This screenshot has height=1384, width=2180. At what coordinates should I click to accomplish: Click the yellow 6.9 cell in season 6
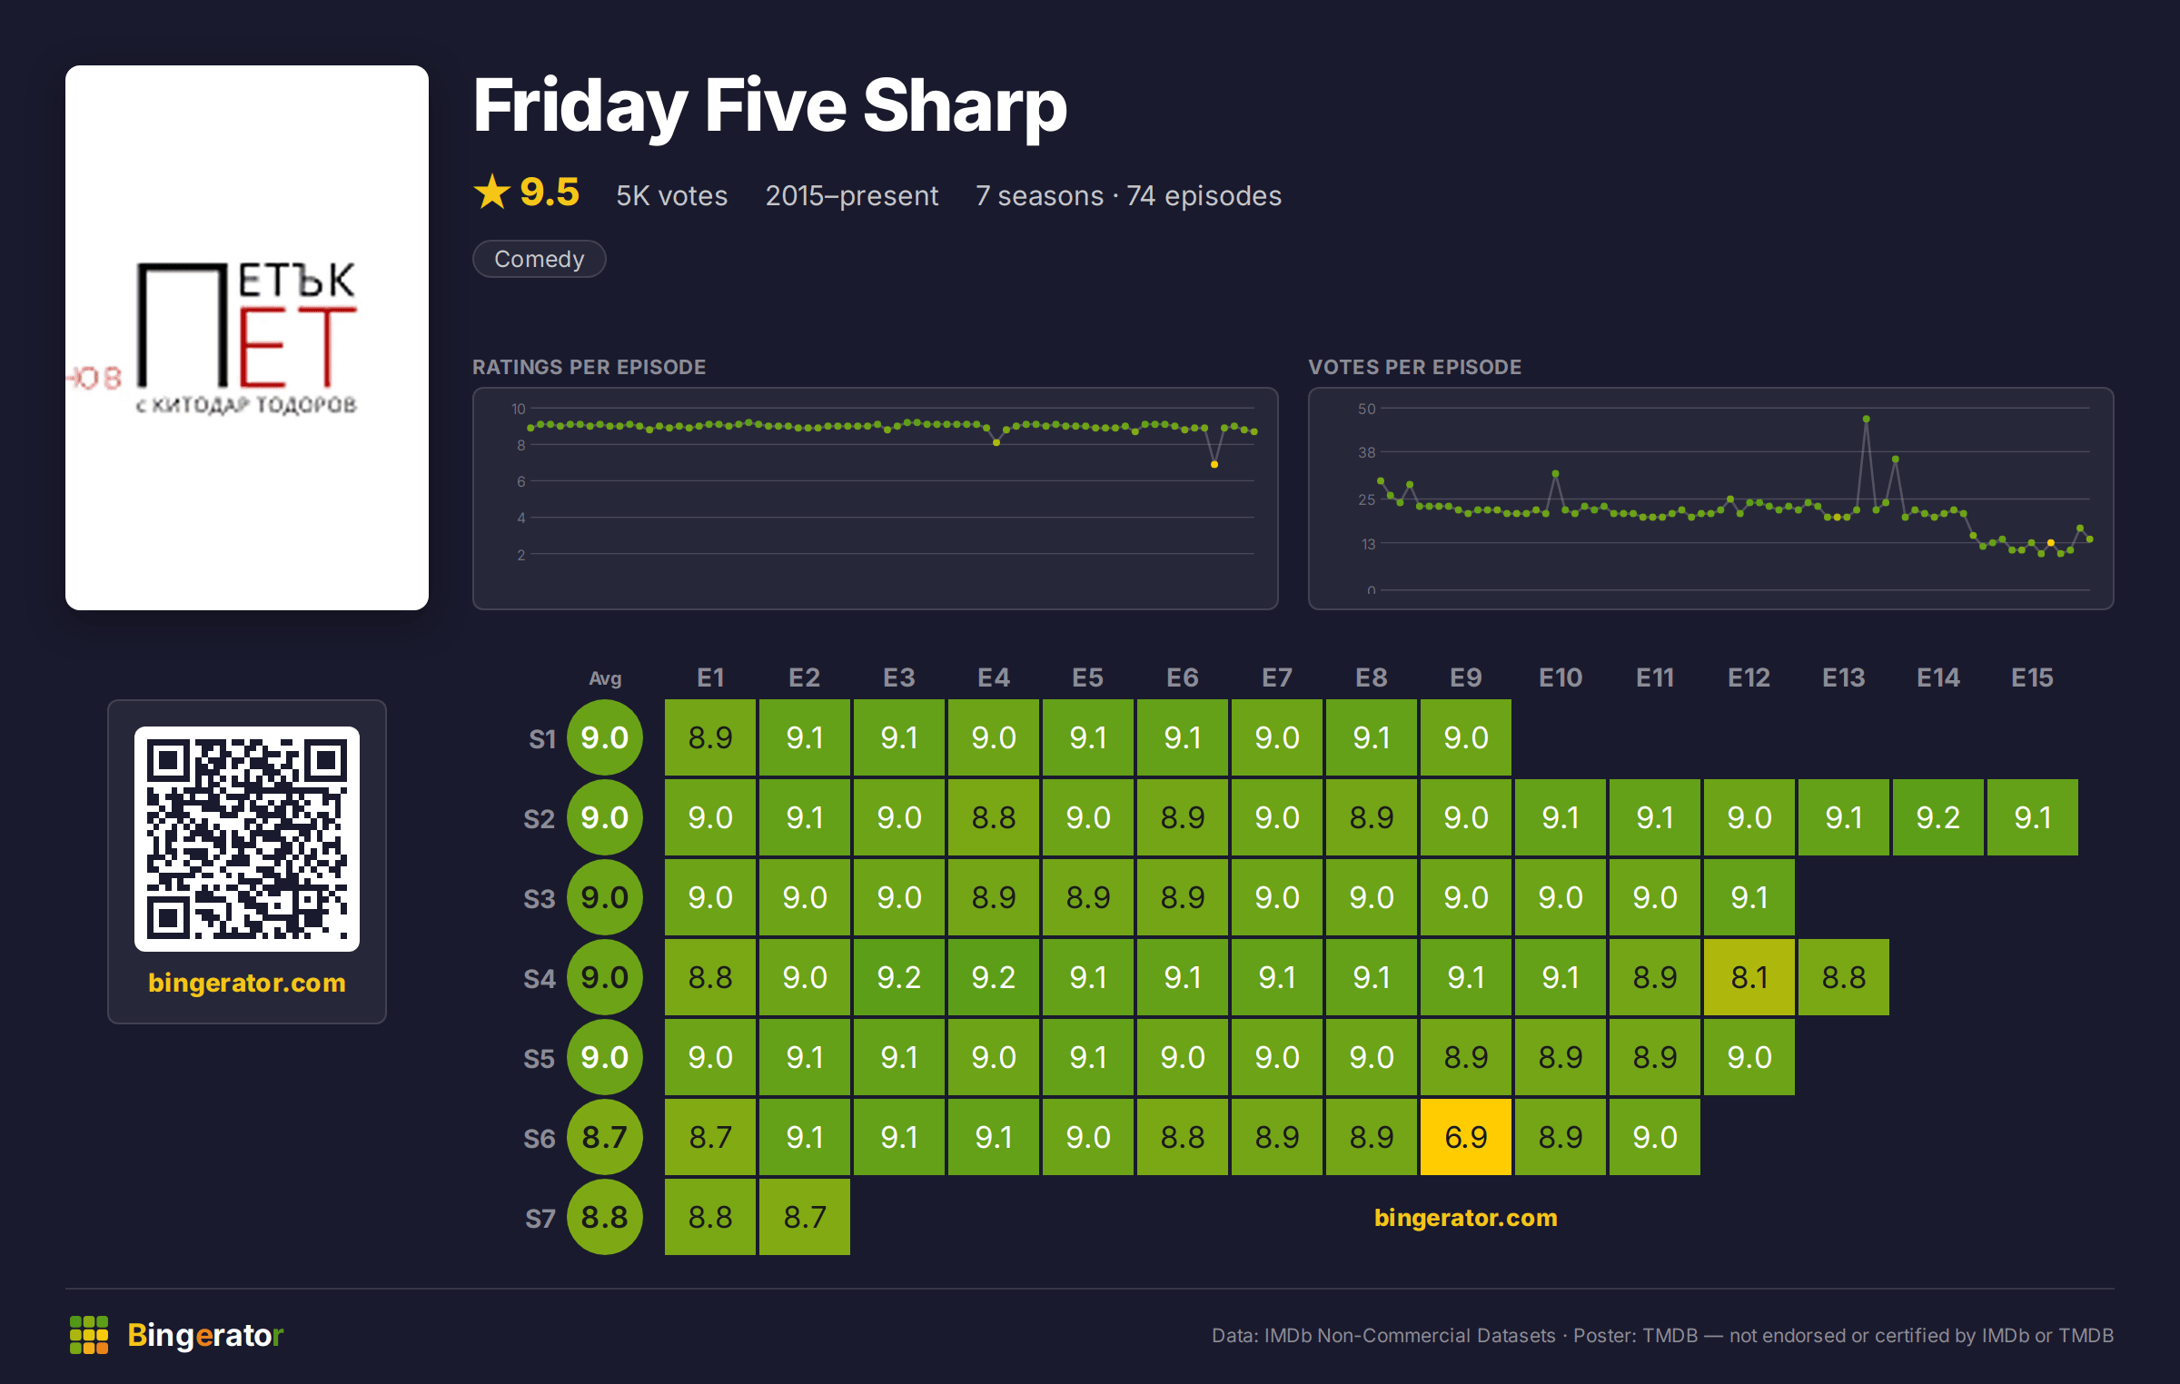click(x=1466, y=1137)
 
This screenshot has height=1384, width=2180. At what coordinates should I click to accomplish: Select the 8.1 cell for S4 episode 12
click(x=1749, y=977)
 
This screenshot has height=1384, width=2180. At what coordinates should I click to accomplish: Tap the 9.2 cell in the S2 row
click(x=1938, y=817)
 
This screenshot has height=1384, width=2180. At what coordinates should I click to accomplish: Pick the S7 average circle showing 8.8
click(x=605, y=1217)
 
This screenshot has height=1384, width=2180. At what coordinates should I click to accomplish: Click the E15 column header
click(x=2033, y=677)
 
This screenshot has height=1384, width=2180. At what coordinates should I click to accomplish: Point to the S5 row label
click(x=539, y=1059)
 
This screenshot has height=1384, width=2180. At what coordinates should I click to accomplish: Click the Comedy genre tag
click(x=540, y=259)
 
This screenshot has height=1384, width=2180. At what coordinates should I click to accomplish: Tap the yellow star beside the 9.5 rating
click(x=492, y=192)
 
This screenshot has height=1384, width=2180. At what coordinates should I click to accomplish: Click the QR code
click(x=247, y=839)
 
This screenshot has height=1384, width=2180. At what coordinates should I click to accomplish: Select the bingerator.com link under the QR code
click(x=247, y=983)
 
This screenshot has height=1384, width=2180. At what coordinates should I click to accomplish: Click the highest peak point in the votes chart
click(x=1866, y=419)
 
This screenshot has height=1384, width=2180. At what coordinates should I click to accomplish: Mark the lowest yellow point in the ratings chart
click(x=1214, y=464)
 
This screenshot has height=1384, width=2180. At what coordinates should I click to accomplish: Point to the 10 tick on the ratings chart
click(x=519, y=409)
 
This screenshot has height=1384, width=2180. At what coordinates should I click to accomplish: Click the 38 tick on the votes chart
click(x=1367, y=452)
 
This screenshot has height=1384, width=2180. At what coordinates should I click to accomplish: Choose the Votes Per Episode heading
click(x=1414, y=367)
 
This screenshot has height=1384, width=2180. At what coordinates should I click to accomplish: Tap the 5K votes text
click(x=672, y=195)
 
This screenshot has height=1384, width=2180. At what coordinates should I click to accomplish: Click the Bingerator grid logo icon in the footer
click(x=89, y=1335)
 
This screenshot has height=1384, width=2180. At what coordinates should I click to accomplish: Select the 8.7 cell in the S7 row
click(x=805, y=1217)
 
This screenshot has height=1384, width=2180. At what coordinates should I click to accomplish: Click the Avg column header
click(x=605, y=678)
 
